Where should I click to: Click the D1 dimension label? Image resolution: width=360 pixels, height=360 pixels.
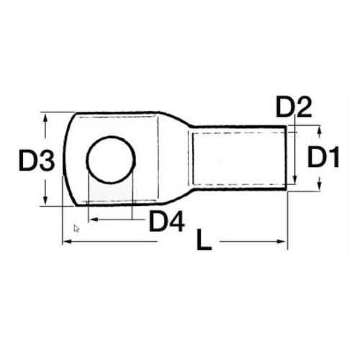(x=323, y=158)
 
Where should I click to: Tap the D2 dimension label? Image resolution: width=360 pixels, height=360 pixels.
(x=294, y=108)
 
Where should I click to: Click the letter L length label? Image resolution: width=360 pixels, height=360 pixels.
(x=204, y=241)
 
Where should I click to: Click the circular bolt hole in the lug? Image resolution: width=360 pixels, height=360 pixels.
(x=111, y=159)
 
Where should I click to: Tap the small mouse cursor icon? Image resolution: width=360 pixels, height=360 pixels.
(x=76, y=228)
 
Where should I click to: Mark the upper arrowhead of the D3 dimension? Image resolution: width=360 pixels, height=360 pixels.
(x=46, y=117)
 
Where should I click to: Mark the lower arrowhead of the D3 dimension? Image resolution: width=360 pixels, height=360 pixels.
(x=46, y=203)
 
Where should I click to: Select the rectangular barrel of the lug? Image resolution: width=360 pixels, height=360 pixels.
(x=241, y=159)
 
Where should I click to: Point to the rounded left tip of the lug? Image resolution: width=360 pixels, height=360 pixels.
(x=67, y=159)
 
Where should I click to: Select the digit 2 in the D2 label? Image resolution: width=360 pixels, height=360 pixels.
(x=303, y=108)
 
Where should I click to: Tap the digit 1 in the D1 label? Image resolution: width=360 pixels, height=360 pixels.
(x=333, y=158)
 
